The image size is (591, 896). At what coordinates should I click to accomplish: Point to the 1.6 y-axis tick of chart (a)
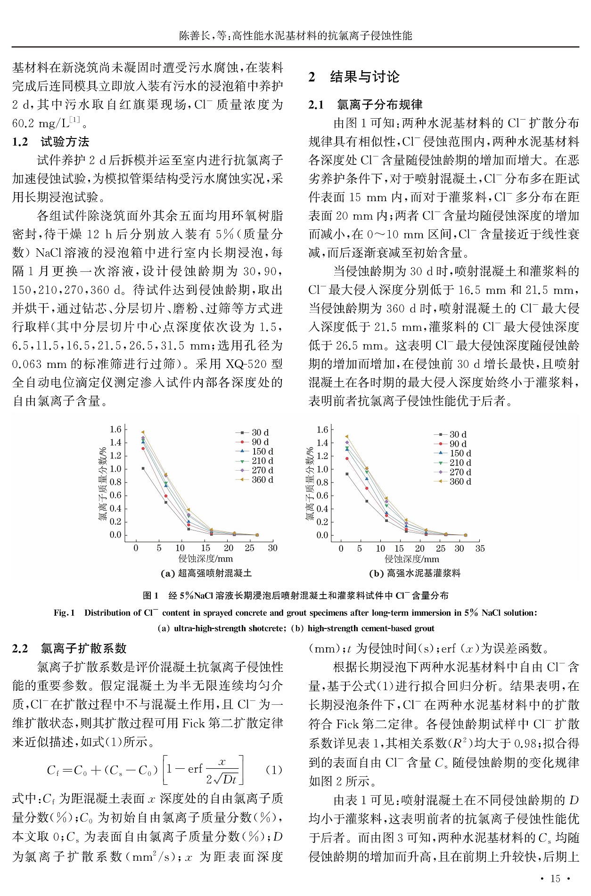click(x=115, y=429)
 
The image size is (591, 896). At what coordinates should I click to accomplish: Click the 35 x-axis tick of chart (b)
click(x=480, y=548)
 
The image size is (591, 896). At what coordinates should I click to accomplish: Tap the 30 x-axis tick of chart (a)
click(x=272, y=548)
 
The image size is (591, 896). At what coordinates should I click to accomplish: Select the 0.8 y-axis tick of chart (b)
click(x=322, y=482)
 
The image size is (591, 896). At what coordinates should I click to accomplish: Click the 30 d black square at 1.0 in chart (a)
click(x=143, y=468)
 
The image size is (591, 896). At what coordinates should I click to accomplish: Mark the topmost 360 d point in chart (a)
click(x=143, y=432)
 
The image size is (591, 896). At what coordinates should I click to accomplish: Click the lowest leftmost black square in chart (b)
click(x=347, y=474)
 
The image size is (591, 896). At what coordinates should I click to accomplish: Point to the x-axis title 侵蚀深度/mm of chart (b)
click(x=412, y=559)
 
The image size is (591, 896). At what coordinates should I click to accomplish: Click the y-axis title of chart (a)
click(x=102, y=483)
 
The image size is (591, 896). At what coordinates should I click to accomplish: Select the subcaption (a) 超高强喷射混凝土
click(x=206, y=573)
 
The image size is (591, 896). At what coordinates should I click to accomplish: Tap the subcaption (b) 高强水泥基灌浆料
click(x=415, y=573)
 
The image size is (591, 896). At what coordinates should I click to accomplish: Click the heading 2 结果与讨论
click(x=354, y=77)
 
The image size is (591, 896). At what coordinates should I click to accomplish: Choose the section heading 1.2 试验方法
click(x=51, y=142)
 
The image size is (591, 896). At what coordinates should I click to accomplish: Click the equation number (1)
click(x=274, y=770)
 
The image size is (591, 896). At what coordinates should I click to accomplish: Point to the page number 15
click(x=555, y=879)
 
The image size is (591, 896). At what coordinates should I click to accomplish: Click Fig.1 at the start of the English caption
click(x=64, y=613)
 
